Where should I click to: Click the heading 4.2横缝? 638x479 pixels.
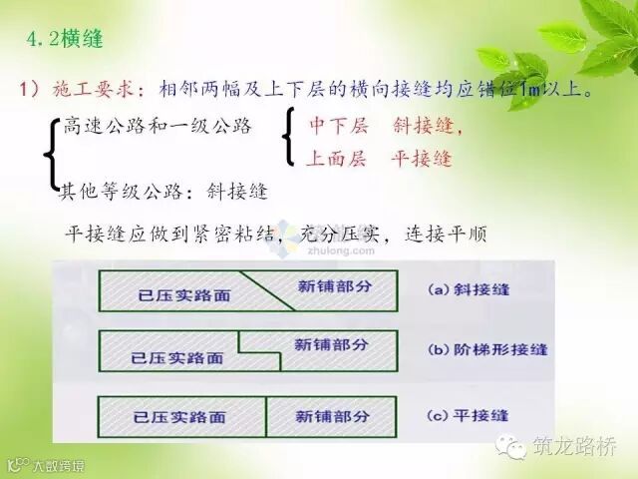click(x=65, y=40)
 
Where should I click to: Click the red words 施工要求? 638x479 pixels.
click(x=93, y=89)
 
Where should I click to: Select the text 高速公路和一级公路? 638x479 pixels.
click(x=158, y=127)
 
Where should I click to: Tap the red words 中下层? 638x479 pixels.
click(x=339, y=125)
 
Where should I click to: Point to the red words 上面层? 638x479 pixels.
click(x=336, y=158)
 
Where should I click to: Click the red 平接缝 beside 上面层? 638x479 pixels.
click(x=422, y=158)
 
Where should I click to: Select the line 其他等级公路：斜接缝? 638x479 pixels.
click(x=163, y=191)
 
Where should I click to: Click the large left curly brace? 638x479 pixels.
click(x=51, y=154)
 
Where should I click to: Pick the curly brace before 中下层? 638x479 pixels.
click(x=288, y=137)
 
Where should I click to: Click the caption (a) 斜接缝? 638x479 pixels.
click(x=469, y=289)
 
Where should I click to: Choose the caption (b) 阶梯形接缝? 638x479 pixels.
click(x=487, y=349)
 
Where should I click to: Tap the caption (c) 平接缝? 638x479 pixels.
click(x=468, y=416)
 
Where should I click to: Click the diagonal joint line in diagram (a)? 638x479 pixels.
click(x=267, y=290)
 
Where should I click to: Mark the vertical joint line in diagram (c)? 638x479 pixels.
click(x=266, y=417)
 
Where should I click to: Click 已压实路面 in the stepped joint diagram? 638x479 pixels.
click(x=177, y=358)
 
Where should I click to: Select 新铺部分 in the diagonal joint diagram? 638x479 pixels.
click(x=335, y=286)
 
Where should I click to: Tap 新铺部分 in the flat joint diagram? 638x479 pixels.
click(x=332, y=416)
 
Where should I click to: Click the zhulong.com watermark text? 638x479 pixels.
click(x=341, y=250)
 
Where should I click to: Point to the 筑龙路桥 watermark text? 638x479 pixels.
click(x=574, y=446)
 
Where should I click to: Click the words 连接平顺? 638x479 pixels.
click(x=446, y=235)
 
